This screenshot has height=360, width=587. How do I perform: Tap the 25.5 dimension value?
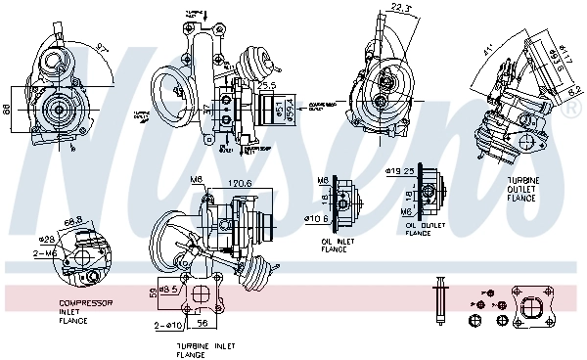266,86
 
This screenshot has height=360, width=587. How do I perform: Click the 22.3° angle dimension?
399,8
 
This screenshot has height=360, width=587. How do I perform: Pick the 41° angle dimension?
485,49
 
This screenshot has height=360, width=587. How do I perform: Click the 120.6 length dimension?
241,183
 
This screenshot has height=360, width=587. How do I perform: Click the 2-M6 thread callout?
46,252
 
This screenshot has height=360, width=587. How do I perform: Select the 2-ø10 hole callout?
168,324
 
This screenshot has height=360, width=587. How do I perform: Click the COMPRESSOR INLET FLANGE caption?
86,311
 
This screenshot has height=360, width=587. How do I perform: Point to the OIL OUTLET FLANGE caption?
424,228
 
